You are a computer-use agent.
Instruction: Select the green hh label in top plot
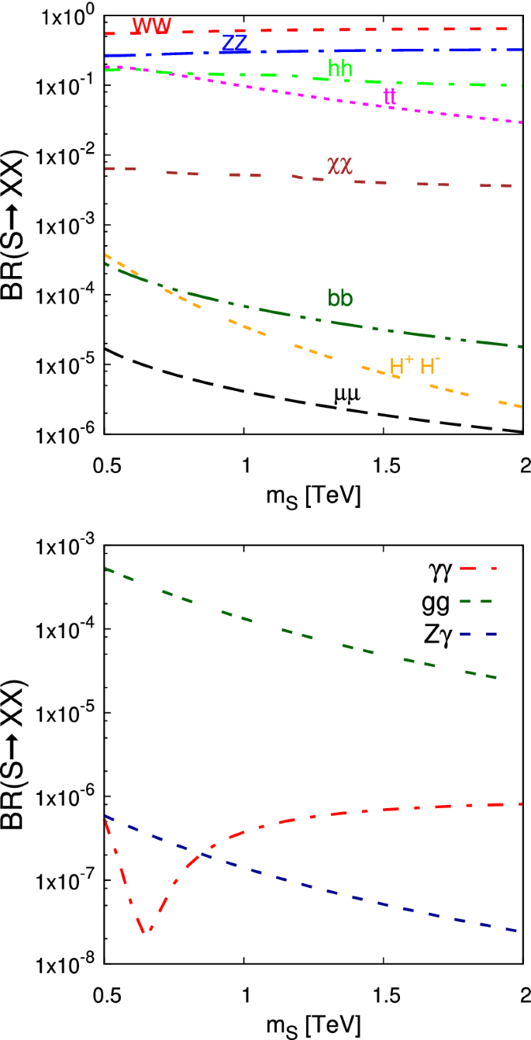tap(340, 69)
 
